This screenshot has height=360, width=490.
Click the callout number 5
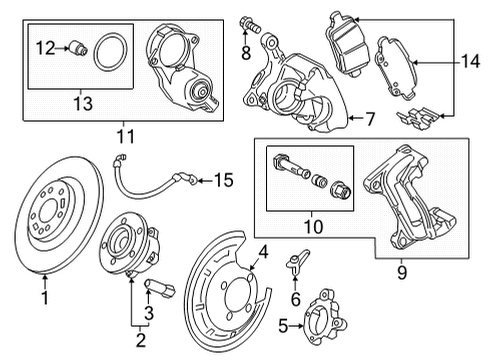(x=283, y=325)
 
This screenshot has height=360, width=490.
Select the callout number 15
(x=222, y=180)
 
